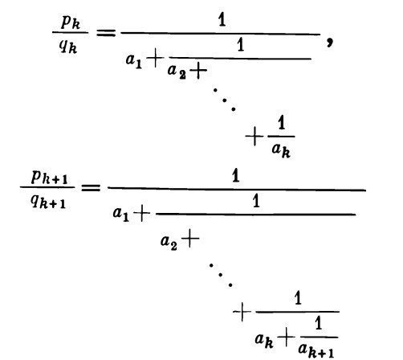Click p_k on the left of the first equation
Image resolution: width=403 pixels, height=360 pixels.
pos(71,22)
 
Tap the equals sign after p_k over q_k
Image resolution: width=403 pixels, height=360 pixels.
pos(106,33)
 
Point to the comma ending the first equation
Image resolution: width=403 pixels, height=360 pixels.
pos(330,42)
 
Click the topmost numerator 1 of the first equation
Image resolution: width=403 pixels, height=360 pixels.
pos(222,20)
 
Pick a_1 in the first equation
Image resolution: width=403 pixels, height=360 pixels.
pos(134,61)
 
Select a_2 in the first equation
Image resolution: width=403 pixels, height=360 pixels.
pos(177,72)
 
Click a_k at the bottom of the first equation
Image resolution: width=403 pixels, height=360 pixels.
pos(281,150)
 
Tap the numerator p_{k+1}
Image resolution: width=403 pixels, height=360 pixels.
pos(49,177)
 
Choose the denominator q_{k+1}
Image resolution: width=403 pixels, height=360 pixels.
pos(48,201)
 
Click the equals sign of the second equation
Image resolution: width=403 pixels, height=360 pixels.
pos(91,187)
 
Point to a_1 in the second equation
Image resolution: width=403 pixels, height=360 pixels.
pos(121,215)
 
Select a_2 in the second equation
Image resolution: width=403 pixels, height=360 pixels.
pos(169,243)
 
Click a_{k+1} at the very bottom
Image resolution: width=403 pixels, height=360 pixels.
pos(316,350)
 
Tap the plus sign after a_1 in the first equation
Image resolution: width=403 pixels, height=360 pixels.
pos(155,59)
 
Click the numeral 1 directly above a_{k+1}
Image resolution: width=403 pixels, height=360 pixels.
pos(318,323)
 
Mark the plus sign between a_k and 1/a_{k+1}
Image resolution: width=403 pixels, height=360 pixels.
pos(286,337)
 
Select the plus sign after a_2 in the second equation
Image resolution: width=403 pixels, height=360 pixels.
pos(190,238)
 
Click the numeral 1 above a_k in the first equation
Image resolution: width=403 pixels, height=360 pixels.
pos(281,123)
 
